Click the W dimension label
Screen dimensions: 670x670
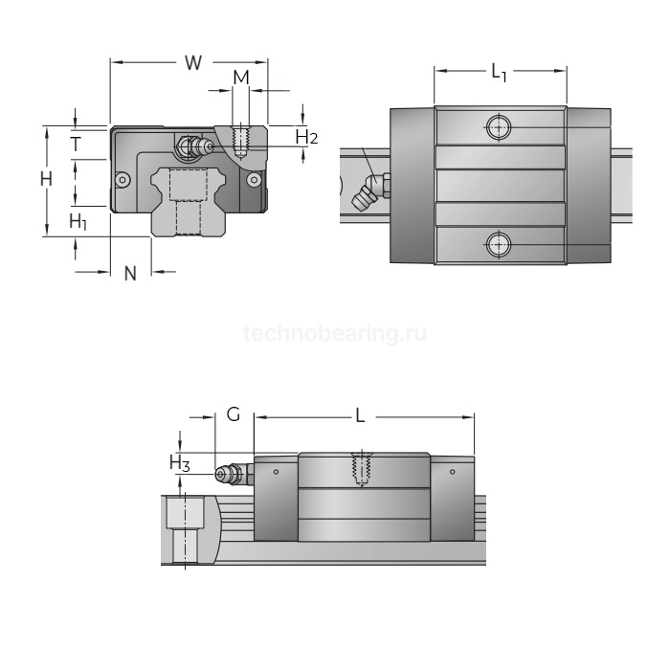(193, 63)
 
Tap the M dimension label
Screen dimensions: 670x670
(241, 78)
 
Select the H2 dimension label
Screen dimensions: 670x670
(306, 137)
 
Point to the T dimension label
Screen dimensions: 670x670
(76, 144)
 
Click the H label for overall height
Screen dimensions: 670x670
(46, 179)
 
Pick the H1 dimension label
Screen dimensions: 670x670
(78, 222)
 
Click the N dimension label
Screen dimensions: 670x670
(130, 274)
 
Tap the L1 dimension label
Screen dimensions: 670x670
(499, 72)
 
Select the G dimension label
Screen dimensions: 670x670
(234, 414)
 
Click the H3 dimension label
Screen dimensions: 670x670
(180, 462)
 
